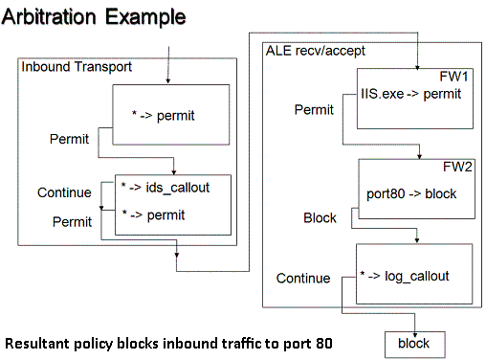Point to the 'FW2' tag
point(456,166)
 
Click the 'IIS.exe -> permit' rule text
point(412,94)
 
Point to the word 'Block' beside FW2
point(320,218)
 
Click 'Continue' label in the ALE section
point(303,279)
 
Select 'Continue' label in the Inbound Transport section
point(64,192)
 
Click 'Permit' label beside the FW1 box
point(313,110)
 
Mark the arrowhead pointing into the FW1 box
point(417,65)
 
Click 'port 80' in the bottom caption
point(306,342)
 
